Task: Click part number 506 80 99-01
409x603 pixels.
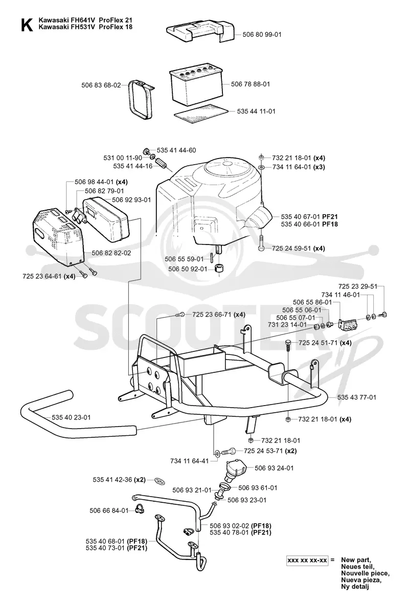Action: (x=262, y=35)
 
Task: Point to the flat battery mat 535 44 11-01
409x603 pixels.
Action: (x=200, y=113)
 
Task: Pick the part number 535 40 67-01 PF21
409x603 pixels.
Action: (x=309, y=216)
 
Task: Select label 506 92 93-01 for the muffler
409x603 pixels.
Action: (x=131, y=200)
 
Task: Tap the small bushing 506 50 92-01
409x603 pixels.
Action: (x=220, y=269)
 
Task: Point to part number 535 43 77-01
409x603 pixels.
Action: (x=357, y=397)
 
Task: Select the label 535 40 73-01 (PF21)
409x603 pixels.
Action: (x=117, y=548)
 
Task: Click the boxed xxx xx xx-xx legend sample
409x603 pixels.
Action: (x=308, y=561)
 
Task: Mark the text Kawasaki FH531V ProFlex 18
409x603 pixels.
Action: (x=85, y=27)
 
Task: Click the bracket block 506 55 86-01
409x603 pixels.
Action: (x=348, y=325)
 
